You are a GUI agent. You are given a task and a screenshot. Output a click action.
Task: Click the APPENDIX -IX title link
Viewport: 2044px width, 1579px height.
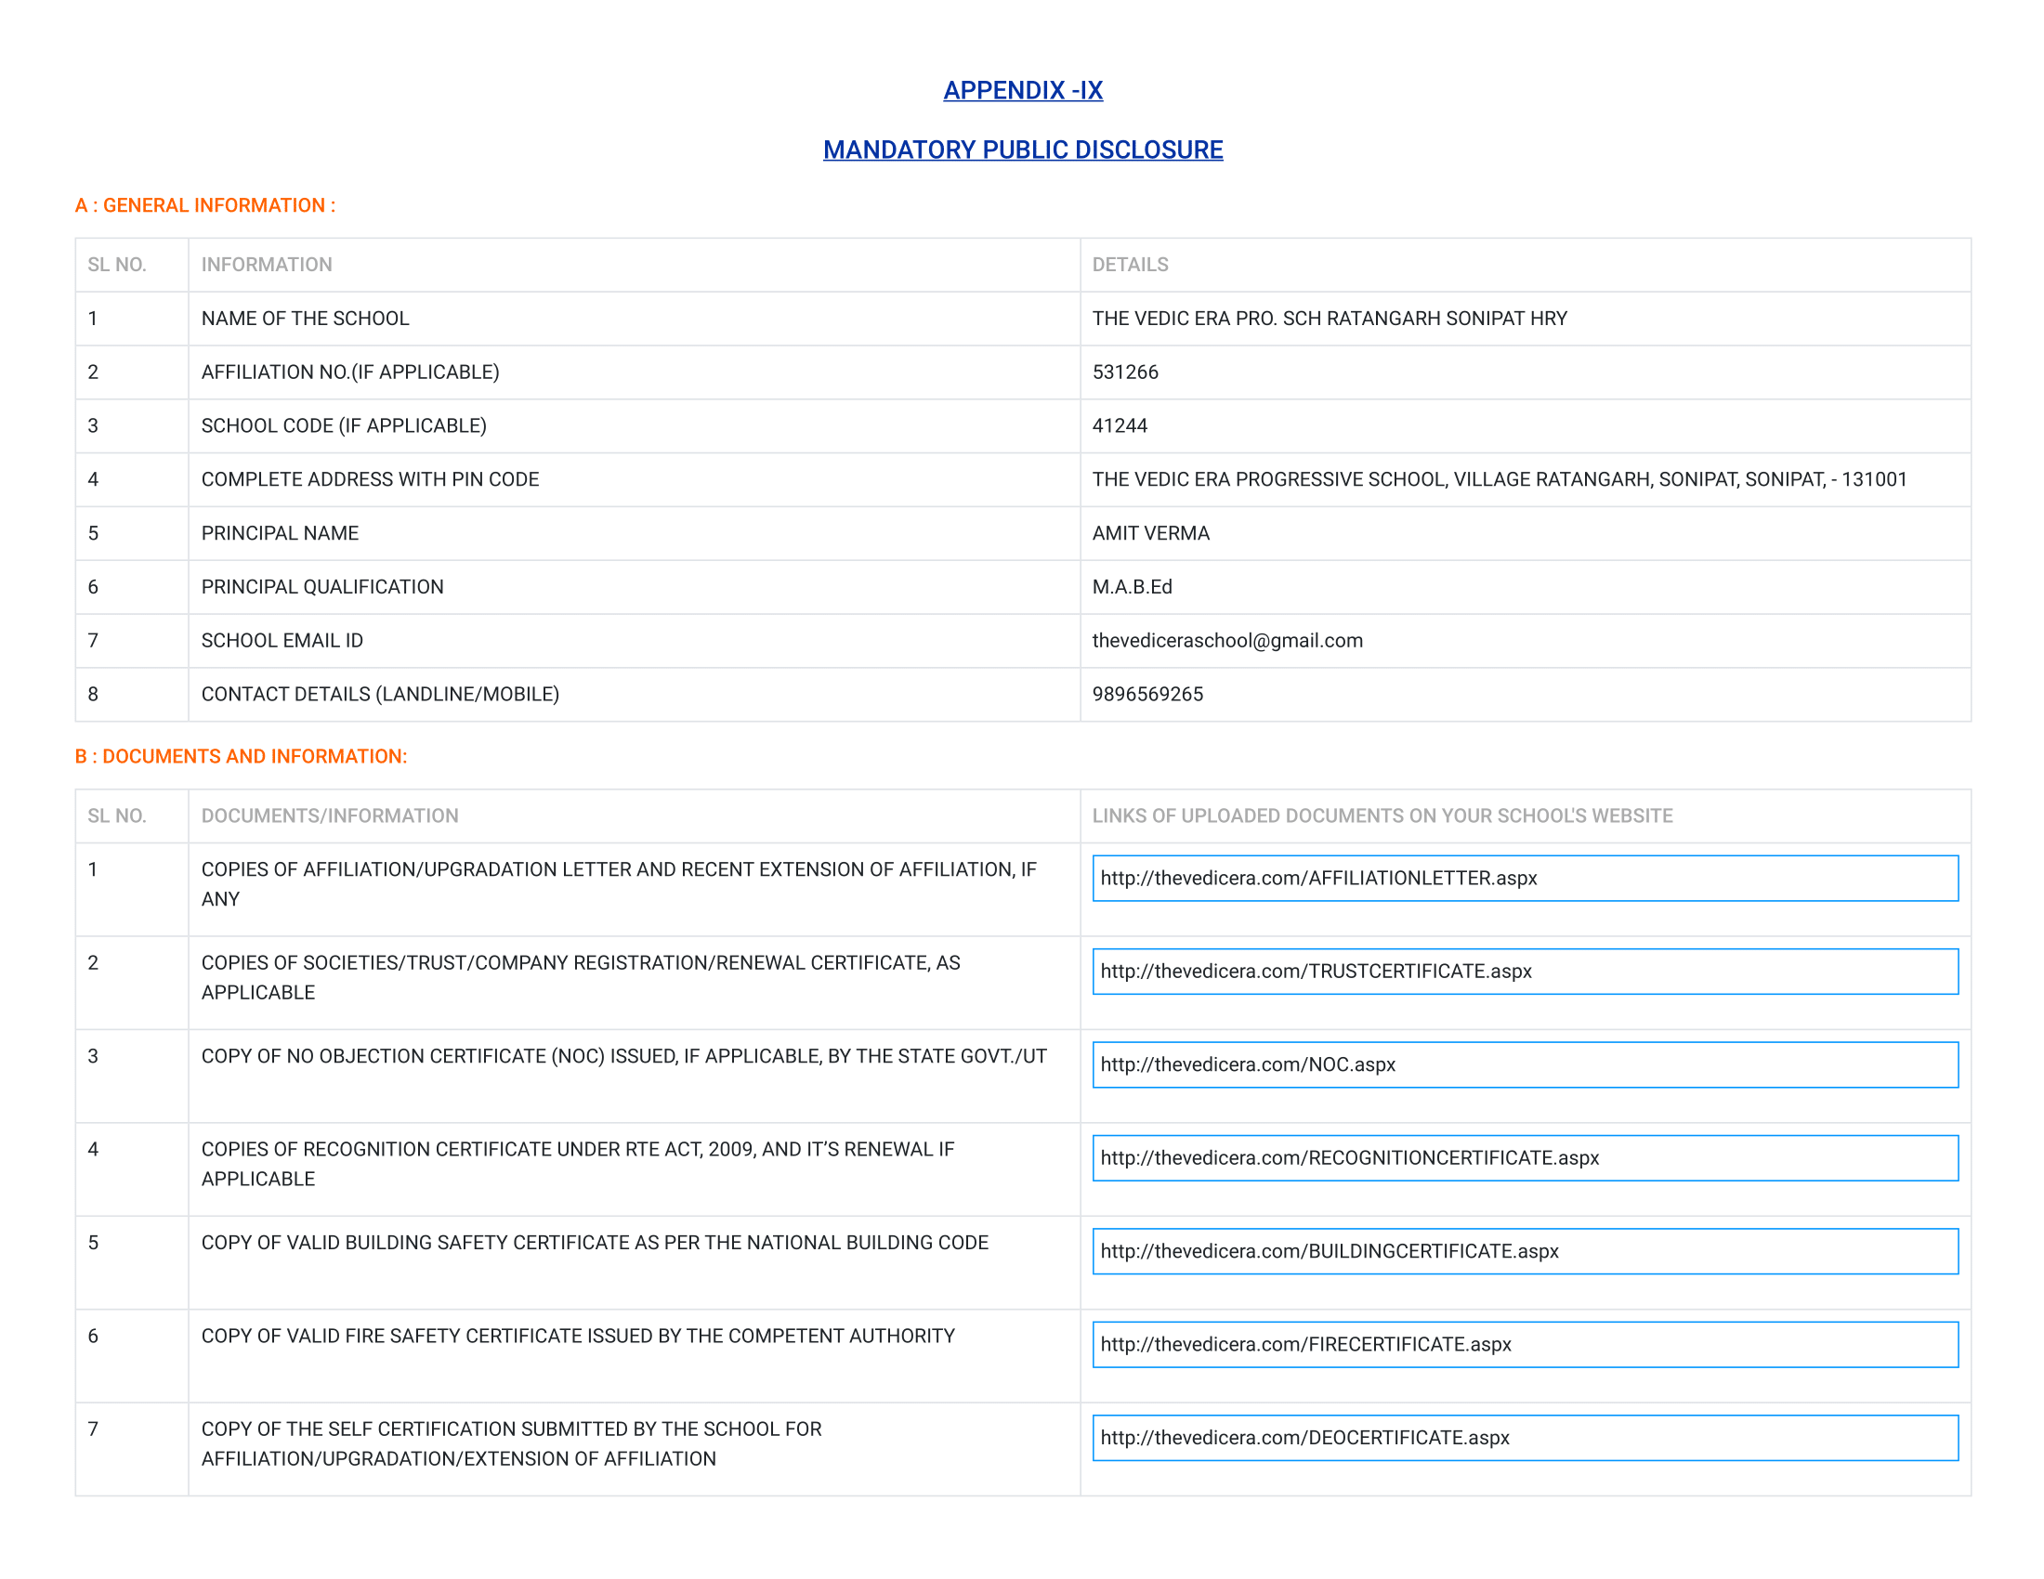1022,91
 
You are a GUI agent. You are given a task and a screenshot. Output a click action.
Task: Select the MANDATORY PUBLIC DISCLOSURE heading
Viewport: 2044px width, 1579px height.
1022,150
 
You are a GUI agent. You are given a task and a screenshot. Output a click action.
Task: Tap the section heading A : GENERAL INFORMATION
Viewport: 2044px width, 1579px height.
205,206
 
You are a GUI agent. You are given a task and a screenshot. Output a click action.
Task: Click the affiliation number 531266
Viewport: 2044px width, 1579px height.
1125,372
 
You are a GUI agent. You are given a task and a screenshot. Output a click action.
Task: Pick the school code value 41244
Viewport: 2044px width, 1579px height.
1120,425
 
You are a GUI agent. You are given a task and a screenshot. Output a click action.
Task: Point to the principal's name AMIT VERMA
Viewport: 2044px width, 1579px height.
1150,533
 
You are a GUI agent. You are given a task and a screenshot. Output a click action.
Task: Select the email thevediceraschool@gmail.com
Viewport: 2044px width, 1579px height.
1227,641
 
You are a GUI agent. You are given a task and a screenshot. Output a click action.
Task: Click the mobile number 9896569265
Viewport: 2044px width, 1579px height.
1147,694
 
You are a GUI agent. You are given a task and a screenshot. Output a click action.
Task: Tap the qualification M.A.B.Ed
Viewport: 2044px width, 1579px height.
1132,586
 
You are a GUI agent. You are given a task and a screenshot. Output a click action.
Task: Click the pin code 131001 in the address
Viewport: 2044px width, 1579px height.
1874,479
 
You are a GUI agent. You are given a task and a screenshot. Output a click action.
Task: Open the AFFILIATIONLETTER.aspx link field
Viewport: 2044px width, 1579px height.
1525,879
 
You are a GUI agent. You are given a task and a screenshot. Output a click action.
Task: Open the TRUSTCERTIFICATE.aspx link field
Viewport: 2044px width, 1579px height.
1525,972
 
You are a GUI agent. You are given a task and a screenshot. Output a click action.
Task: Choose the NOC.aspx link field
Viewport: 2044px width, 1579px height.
1525,1064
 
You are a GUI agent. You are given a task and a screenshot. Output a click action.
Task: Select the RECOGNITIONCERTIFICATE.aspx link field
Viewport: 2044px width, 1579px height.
1525,1158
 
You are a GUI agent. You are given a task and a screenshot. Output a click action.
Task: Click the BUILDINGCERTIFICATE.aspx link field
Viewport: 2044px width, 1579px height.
1525,1252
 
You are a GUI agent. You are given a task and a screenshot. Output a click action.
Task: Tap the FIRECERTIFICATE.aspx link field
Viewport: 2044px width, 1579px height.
1525,1344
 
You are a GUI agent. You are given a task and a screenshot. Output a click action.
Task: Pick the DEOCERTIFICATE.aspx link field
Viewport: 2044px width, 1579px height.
1525,1438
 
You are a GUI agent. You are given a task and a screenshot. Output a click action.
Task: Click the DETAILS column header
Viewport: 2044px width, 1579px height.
1130,265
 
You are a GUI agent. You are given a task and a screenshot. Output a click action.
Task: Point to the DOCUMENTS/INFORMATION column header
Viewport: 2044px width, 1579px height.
330,816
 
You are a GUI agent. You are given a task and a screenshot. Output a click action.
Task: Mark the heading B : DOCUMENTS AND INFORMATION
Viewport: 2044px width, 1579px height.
241,757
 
